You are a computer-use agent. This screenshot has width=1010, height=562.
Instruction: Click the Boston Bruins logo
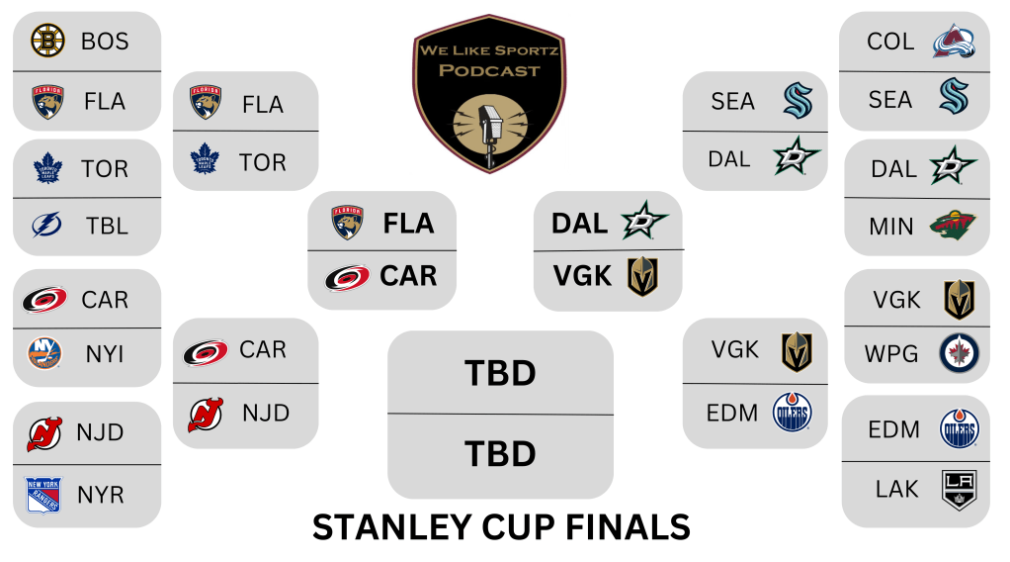[47, 40]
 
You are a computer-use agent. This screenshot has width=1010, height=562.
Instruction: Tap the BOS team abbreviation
[105, 42]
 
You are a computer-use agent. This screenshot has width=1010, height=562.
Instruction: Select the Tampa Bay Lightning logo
[47, 226]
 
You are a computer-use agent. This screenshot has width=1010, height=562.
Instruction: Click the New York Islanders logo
[44, 353]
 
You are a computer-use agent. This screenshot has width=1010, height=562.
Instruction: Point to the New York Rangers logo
[43, 495]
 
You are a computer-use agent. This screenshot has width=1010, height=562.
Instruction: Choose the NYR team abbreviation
[101, 495]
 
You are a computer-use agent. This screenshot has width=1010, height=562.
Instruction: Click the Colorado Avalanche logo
[954, 42]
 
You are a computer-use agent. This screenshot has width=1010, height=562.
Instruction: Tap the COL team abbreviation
[890, 42]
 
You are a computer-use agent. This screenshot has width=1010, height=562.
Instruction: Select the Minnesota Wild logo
[953, 226]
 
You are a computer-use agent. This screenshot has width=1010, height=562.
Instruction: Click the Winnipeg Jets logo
[960, 353]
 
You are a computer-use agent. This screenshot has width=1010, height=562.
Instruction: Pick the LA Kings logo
[960, 490]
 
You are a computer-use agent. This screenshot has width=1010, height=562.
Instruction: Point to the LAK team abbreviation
[896, 489]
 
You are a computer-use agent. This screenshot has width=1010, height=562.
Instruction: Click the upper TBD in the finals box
[500, 373]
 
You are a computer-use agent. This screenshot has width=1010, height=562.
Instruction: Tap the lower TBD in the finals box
[500, 453]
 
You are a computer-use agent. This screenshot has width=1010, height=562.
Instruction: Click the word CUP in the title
[518, 527]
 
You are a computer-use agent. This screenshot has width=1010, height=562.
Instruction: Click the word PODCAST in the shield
[489, 70]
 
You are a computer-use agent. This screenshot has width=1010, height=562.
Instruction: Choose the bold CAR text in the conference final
[408, 276]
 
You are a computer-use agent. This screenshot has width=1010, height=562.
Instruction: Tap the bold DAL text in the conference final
[580, 224]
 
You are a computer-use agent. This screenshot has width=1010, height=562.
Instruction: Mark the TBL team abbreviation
[107, 226]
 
